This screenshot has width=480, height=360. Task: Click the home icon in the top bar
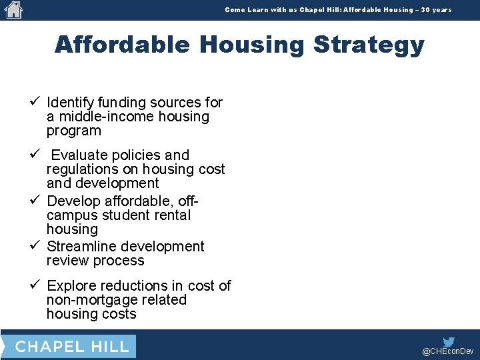tap(13, 9)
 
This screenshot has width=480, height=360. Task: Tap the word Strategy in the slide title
tap(369, 45)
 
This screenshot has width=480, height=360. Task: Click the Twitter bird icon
tap(449, 341)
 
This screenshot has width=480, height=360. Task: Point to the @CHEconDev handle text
tap(448, 351)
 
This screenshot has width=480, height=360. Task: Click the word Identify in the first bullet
tap(70, 103)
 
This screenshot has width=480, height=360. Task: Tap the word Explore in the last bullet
tap(71, 286)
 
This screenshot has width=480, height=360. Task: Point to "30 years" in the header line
tap(436, 10)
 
